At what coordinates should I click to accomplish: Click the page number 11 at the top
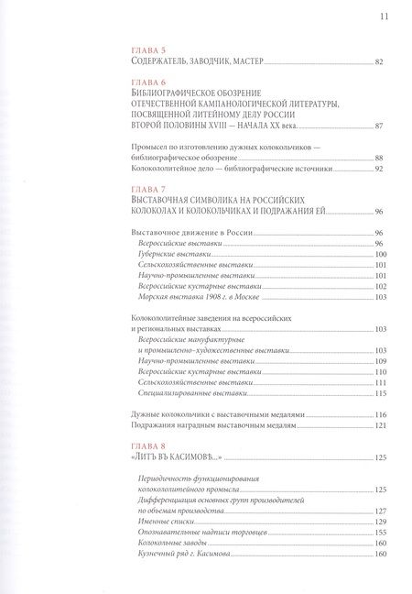coord(383,15)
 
